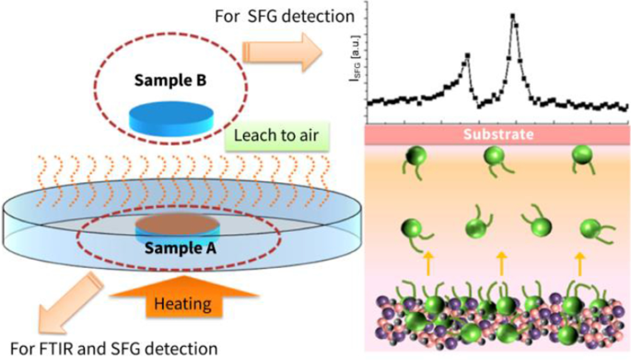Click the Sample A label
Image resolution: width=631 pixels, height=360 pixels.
tap(172, 248)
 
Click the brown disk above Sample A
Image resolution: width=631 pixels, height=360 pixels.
tap(172, 225)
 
